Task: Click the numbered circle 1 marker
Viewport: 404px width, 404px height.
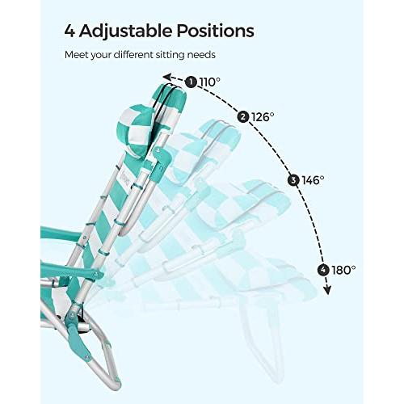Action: point(191,82)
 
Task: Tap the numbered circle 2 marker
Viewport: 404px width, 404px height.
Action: point(243,117)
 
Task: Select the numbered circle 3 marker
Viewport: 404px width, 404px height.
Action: point(293,180)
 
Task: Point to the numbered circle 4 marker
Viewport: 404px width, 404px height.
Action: point(323,270)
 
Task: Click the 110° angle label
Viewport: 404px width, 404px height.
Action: point(210,82)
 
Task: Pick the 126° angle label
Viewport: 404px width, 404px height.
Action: point(263,117)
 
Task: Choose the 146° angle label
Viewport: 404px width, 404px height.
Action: point(313,180)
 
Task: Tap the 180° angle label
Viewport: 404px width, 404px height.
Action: point(344,270)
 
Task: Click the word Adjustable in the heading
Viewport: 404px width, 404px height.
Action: point(125,32)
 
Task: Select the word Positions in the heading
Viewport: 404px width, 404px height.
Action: point(216,31)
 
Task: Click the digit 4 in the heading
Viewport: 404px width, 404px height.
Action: point(69,32)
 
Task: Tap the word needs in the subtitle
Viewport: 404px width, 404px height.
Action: point(201,56)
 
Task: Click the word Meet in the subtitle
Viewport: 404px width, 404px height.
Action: point(76,55)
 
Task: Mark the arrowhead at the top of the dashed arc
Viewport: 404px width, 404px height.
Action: point(167,77)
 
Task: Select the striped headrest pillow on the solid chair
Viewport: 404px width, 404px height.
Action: point(136,131)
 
